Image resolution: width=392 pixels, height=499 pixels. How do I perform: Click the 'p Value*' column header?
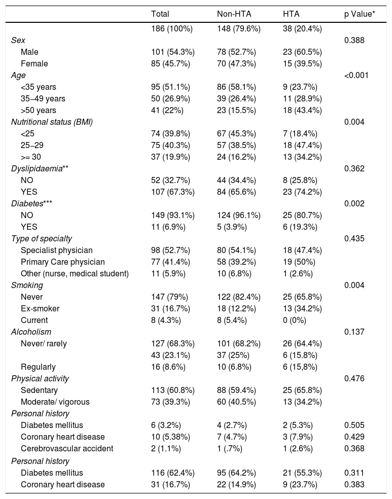[x=359, y=14]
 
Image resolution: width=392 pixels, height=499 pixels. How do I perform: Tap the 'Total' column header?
[x=160, y=14]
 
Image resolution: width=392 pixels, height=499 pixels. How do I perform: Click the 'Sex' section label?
[x=18, y=40]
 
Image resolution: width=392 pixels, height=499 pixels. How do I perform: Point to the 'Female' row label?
[x=34, y=63]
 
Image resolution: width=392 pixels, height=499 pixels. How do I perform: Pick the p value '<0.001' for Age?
[x=356, y=75]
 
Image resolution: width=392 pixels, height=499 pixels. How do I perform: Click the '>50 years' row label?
[x=39, y=110]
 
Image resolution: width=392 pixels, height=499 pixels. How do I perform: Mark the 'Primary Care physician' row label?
[x=63, y=262]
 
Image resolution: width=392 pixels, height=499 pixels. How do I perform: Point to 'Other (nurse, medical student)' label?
[x=75, y=273]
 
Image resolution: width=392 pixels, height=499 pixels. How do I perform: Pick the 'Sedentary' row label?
[x=39, y=390]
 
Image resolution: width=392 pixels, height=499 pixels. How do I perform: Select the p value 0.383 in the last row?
[x=354, y=484]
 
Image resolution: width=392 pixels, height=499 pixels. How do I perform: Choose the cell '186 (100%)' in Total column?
[x=172, y=28]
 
